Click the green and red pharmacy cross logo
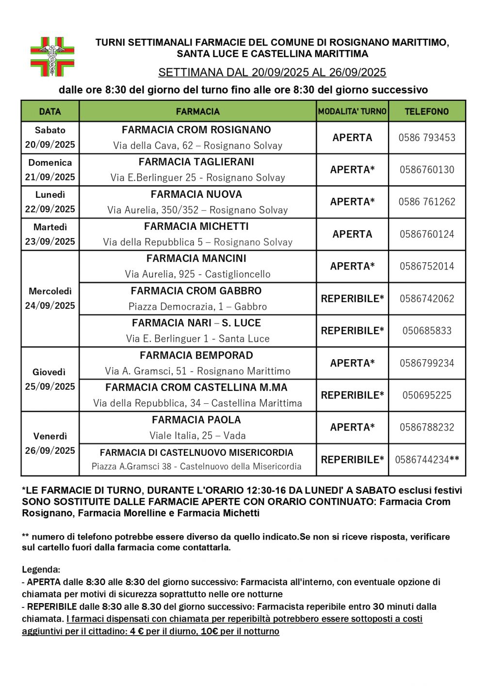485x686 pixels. (x=52, y=56)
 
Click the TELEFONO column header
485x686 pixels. (x=427, y=112)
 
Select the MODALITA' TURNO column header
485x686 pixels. (x=352, y=112)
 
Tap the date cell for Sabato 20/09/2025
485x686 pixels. (x=50, y=137)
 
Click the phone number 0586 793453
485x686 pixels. (x=427, y=138)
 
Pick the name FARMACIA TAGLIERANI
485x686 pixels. (x=196, y=162)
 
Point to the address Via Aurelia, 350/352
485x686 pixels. (x=197, y=210)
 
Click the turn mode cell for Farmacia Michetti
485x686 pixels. (x=352, y=234)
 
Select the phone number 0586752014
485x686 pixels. (x=427, y=266)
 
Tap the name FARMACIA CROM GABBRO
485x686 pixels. (x=196, y=291)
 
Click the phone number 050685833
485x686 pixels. (x=427, y=331)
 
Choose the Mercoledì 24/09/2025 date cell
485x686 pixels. (x=50, y=298)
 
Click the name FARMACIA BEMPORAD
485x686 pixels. (x=196, y=355)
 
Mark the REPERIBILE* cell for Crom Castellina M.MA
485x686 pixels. (x=352, y=395)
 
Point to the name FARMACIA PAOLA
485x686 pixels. (x=196, y=420)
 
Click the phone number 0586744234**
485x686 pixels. (x=427, y=460)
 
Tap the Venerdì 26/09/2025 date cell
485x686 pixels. (x=50, y=443)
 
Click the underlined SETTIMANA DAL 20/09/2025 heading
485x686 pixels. (x=272, y=73)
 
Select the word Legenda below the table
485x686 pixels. (x=41, y=570)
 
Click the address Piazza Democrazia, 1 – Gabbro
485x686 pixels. (x=197, y=306)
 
